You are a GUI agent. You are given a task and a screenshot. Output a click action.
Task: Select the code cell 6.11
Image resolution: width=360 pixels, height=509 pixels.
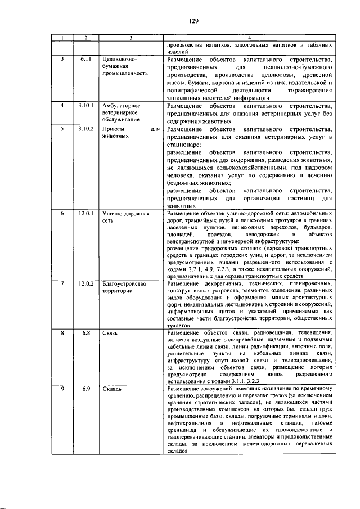click(85, 58)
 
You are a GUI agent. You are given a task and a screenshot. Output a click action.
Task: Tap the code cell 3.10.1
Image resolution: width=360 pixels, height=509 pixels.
click(85, 105)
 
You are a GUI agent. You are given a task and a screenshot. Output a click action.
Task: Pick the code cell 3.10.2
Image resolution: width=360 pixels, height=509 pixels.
click(85, 129)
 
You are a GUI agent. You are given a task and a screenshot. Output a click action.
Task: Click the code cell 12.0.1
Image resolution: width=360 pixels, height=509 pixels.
click(85, 214)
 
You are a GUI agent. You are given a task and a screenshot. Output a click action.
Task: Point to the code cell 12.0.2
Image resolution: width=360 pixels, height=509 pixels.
click(85, 284)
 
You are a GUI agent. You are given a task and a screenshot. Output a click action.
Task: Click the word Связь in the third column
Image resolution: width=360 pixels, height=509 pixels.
click(110, 334)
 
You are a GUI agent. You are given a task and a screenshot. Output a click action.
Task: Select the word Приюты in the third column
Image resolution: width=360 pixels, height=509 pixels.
click(114, 129)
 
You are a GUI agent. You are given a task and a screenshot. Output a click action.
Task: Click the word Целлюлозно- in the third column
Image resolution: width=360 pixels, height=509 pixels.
click(120, 58)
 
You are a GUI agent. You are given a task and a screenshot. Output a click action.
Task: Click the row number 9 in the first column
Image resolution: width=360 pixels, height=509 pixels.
click(62, 389)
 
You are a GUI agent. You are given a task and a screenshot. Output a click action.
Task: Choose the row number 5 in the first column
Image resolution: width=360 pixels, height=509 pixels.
click(62, 129)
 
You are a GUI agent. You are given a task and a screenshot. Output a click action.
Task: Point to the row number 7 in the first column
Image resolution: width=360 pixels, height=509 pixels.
click(62, 284)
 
